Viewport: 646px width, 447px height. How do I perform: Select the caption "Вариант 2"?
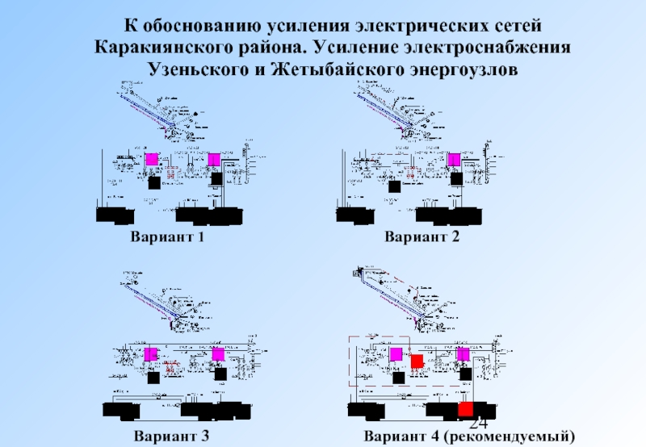coord(422,237)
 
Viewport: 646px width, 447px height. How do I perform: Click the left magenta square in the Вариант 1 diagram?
coord(152,159)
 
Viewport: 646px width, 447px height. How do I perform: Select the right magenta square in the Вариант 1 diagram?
coord(215,159)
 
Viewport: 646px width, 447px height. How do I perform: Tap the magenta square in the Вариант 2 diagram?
coord(455,160)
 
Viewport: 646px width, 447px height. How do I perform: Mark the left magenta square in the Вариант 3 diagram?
coord(152,354)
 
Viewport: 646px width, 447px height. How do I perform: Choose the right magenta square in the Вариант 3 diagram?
coord(217,354)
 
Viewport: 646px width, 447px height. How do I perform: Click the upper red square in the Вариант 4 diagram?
coord(417,361)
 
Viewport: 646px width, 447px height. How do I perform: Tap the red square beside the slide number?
coord(465,409)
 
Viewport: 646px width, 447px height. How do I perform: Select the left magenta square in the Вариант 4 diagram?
coord(396,354)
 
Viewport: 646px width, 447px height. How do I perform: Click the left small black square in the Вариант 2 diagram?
coord(395,186)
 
